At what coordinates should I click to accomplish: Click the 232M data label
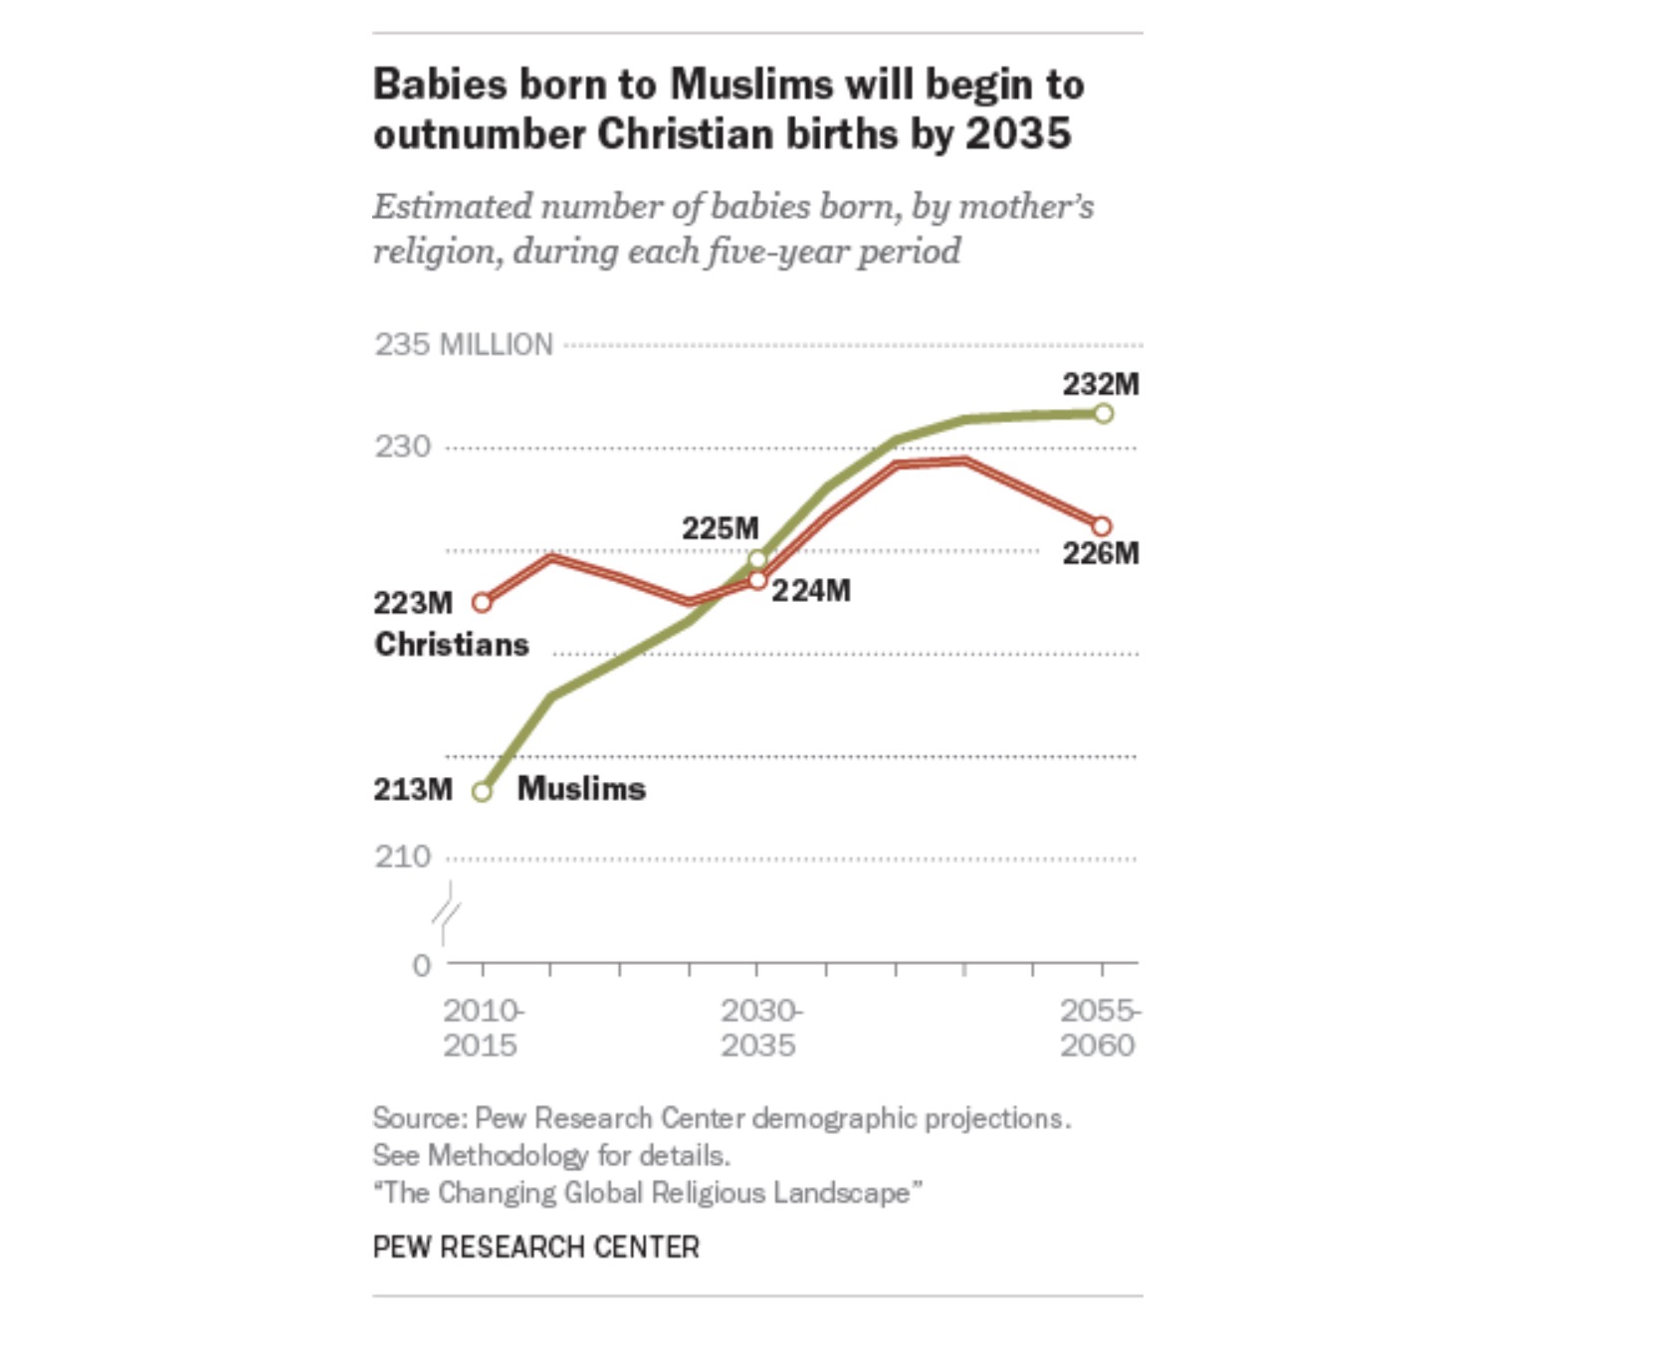click(1100, 384)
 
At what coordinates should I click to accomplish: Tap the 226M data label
click(1100, 553)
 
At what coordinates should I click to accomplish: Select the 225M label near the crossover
click(720, 528)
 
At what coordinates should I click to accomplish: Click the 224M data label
click(811, 591)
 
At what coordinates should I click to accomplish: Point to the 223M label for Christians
click(412, 603)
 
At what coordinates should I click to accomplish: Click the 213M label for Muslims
click(412, 789)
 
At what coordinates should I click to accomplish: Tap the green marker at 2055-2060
click(1103, 413)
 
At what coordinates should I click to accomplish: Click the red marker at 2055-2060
click(1102, 526)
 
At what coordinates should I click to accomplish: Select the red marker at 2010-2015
click(482, 603)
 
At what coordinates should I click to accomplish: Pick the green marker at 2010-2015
click(482, 792)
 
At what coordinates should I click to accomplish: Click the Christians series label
click(451, 645)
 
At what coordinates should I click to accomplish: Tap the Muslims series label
click(581, 789)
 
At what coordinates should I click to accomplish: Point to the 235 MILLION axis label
click(463, 344)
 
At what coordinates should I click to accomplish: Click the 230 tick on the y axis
click(402, 447)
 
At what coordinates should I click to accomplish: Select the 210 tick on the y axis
click(402, 857)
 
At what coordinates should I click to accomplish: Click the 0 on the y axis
click(422, 965)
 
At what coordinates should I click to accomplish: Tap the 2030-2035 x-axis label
click(760, 1028)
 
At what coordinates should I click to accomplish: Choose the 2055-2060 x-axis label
click(1099, 1028)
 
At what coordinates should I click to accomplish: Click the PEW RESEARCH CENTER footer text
click(535, 1247)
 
